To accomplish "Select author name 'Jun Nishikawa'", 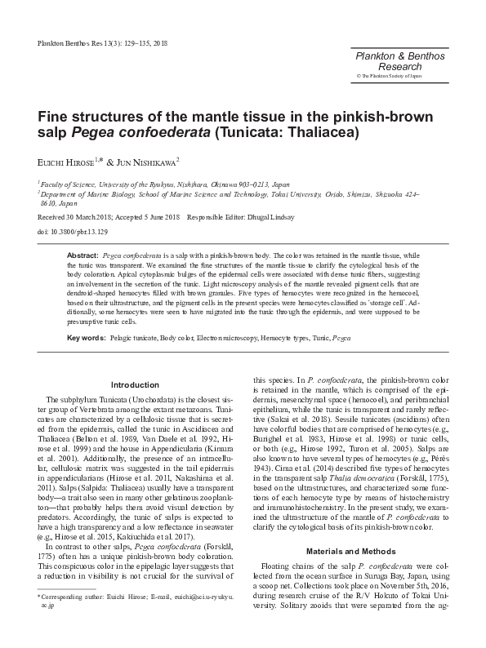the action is tap(150, 163).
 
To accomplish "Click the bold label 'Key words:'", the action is tap(85, 337).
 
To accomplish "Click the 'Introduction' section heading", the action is tap(135, 385).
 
